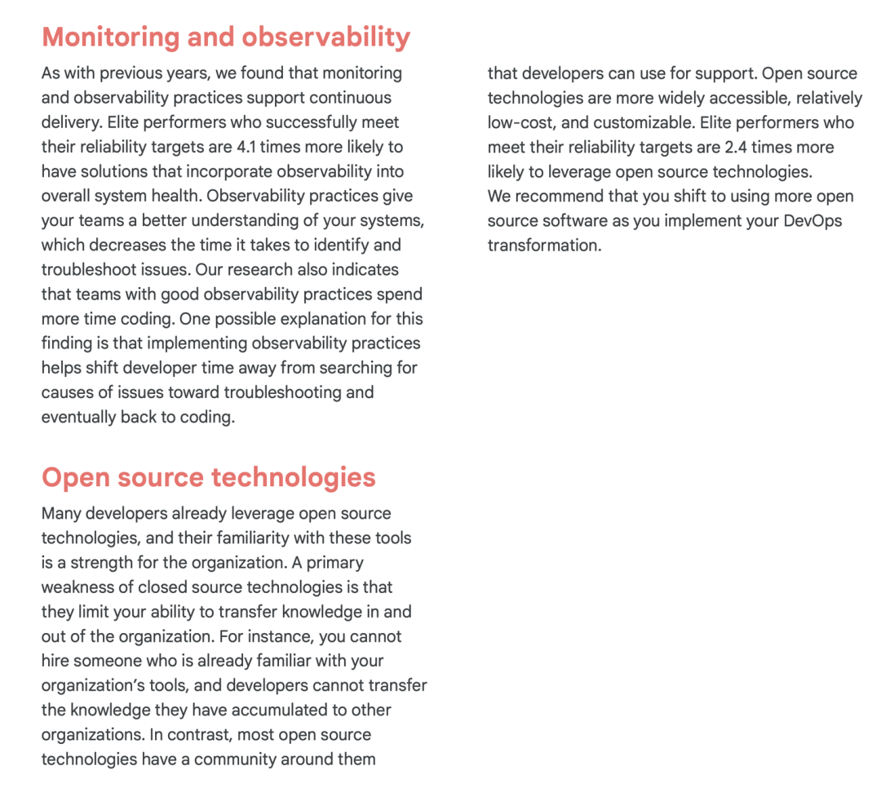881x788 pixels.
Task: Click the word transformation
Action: [542, 246]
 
